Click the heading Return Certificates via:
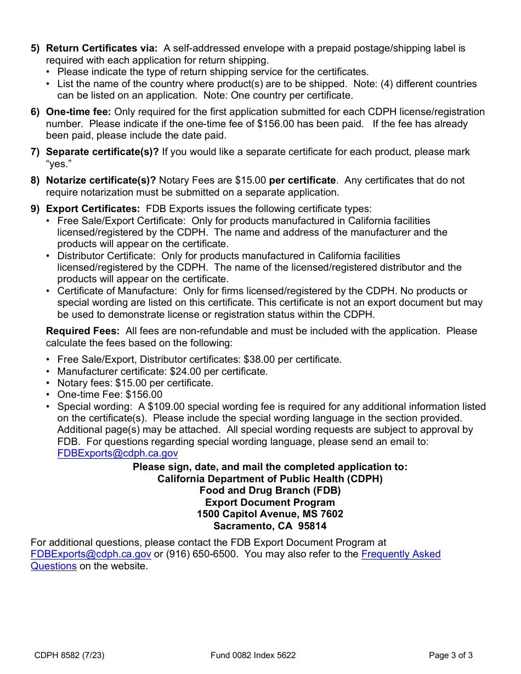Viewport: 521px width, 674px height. (x=101, y=48)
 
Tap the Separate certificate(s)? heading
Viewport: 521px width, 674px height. (x=102, y=152)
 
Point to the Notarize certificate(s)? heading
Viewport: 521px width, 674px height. (x=101, y=180)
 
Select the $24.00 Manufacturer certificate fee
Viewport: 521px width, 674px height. (x=185, y=372)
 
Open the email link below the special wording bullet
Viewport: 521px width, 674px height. (x=117, y=453)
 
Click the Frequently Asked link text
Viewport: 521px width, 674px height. (x=401, y=554)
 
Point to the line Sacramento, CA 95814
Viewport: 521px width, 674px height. (x=270, y=526)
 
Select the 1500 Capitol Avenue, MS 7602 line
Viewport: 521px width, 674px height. (x=270, y=514)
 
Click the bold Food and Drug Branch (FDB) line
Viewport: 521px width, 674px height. (x=270, y=490)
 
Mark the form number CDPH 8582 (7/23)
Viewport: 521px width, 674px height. (x=69, y=655)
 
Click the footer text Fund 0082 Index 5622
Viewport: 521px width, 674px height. (x=253, y=655)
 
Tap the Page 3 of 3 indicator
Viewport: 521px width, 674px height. (x=450, y=655)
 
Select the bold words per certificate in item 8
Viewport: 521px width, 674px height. (x=302, y=180)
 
